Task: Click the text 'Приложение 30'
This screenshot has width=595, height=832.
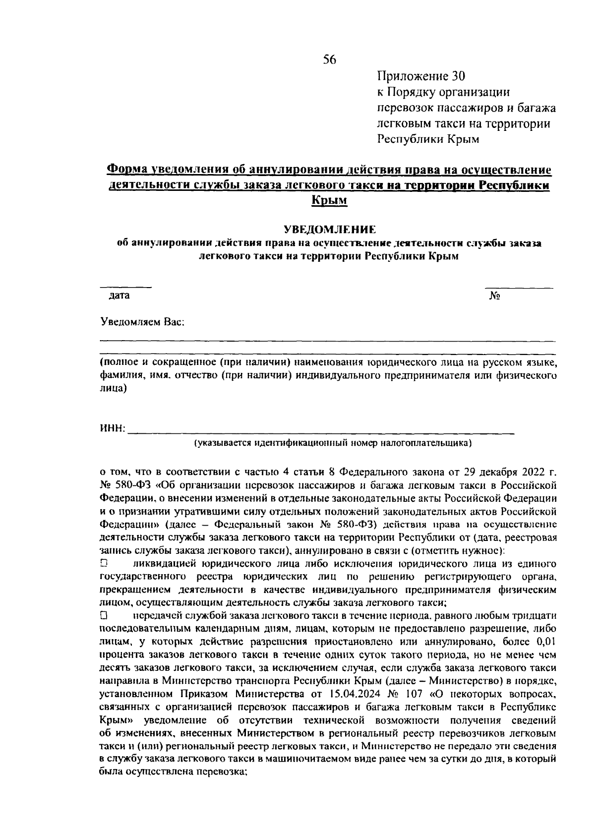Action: click(x=421, y=76)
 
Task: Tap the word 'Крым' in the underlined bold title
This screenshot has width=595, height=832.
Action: click(x=329, y=200)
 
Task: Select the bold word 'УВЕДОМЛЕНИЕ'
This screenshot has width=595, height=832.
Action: click(x=329, y=230)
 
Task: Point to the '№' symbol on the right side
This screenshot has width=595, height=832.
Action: click(x=494, y=296)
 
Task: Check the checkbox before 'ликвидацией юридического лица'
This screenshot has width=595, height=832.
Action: click(x=104, y=564)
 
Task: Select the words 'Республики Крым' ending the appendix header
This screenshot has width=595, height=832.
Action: click(x=428, y=139)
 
